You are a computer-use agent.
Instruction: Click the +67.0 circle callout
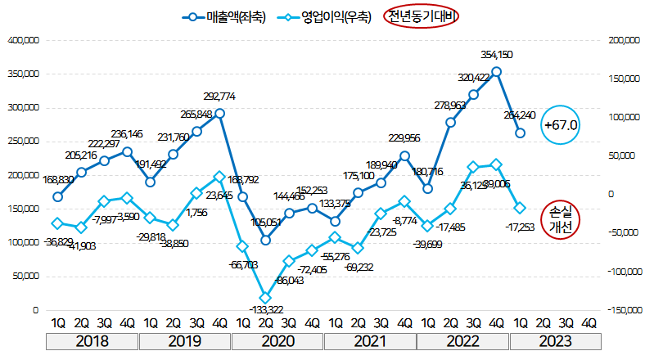pos(561,125)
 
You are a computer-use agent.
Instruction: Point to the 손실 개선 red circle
pos(561,219)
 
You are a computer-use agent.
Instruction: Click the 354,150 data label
pos(497,55)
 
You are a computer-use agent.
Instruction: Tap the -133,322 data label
pos(265,309)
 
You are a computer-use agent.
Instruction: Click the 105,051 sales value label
pos(265,222)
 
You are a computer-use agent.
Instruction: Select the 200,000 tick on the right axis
pos(620,39)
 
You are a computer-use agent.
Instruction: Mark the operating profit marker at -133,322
pos(265,298)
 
